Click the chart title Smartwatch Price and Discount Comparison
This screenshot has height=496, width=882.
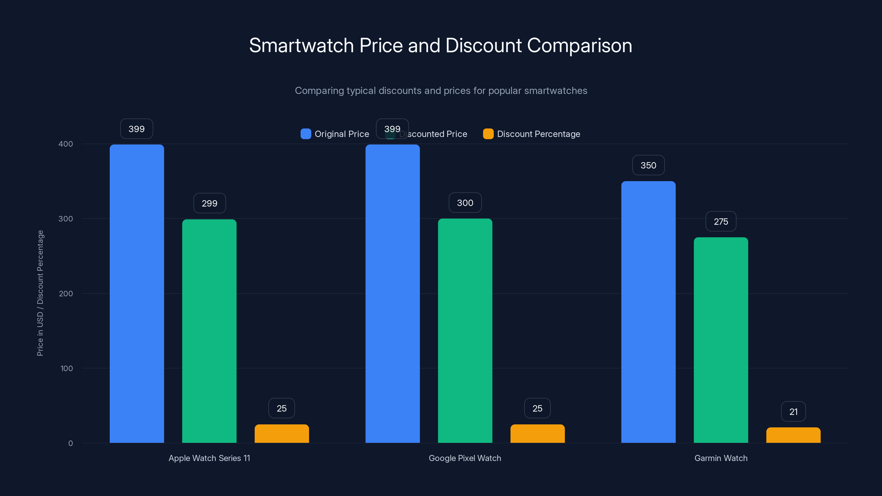(441, 45)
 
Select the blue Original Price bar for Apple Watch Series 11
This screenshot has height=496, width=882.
(137, 293)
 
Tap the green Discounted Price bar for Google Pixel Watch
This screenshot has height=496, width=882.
(465, 330)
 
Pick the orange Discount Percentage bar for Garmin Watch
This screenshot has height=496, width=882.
(793, 435)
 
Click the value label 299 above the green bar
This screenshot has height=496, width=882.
(209, 203)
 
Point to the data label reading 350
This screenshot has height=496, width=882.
(648, 165)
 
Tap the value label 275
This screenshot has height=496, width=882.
(721, 222)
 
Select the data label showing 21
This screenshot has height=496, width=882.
(793, 412)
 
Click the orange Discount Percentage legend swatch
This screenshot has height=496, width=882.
(488, 134)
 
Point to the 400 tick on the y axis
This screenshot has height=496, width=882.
(66, 144)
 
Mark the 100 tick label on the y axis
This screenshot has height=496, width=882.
(66, 368)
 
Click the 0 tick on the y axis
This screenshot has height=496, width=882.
(71, 443)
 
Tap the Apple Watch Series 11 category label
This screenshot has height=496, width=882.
(209, 458)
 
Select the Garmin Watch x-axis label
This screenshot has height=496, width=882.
(721, 458)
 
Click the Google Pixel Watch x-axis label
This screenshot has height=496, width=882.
(465, 458)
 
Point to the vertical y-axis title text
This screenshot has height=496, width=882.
(40, 293)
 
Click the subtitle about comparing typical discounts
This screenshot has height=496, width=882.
(441, 91)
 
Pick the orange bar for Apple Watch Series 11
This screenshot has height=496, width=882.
(281, 434)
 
